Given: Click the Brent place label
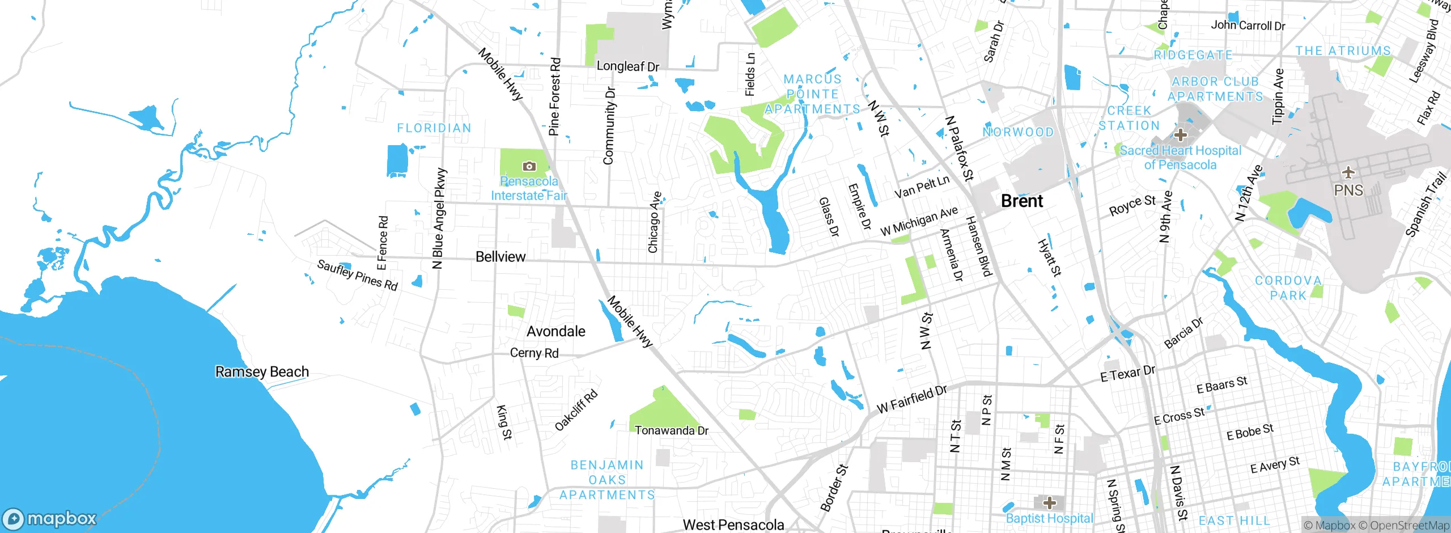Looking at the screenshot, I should [1021, 201].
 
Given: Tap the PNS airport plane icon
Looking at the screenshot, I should [1348, 172].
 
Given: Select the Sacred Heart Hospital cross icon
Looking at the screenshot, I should [1181, 135].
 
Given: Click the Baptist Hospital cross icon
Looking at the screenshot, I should [1049, 503].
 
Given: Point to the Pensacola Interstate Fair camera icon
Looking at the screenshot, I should [529, 166].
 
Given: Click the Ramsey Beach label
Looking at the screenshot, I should [262, 372].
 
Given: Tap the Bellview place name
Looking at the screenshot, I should [500, 257].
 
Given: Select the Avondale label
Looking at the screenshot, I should [555, 331].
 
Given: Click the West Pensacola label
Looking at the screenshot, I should [733, 525].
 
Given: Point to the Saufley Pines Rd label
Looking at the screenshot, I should [357, 275].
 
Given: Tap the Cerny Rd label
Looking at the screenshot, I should [534, 353].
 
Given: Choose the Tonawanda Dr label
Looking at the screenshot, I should [671, 431].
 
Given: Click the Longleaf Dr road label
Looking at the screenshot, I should [628, 66].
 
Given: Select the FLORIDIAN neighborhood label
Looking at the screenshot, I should [434, 128].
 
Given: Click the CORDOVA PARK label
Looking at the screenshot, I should [1288, 288].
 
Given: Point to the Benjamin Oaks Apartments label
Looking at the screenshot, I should [607, 480].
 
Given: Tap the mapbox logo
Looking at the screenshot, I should [50, 518].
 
